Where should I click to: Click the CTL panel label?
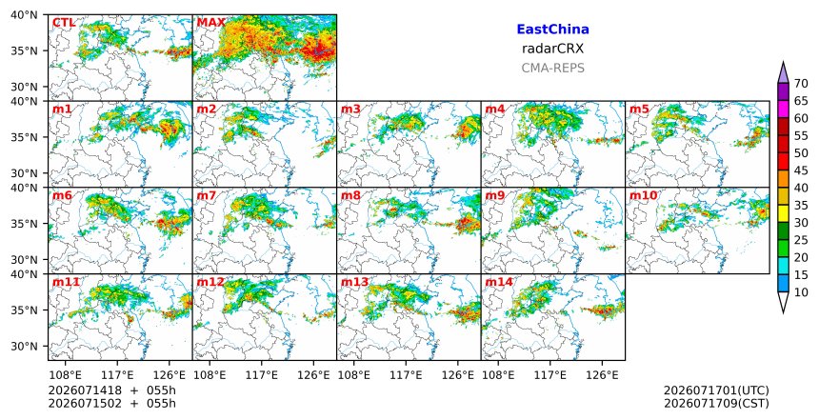tap(64, 23)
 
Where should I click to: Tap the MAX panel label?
tap(211, 23)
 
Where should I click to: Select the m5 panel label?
tap(639, 110)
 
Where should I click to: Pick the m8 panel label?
tap(350, 196)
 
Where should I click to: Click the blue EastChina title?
tap(552, 30)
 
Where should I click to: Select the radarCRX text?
tap(552, 49)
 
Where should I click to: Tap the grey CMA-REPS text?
tap(552, 68)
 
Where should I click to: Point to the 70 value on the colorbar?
tap(801, 84)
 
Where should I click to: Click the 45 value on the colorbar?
tap(801, 170)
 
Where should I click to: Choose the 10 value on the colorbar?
tap(801, 292)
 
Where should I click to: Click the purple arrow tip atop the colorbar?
tap(783, 63)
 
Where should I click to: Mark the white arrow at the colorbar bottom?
tap(783, 302)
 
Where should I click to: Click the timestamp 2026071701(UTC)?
tap(716, 390)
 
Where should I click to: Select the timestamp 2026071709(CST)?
tap(716, 403)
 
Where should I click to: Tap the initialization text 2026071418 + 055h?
tap(111, 390)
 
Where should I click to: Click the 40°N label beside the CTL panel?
tap(24, 15)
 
